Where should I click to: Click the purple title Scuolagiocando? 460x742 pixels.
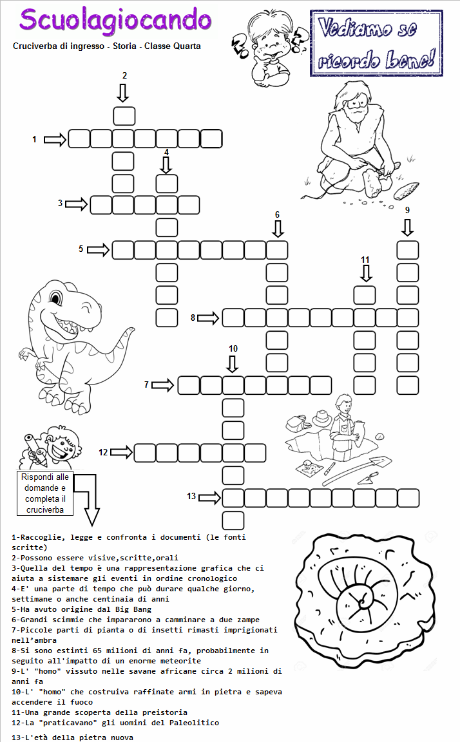coord(115,21)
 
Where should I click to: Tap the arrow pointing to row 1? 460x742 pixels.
coord(55,140)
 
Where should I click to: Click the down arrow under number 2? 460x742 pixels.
coord(123,93)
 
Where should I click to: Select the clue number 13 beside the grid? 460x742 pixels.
coord(191,496)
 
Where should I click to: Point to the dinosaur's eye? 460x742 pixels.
coord(56,299)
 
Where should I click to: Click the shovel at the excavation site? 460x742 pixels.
coord(358,471)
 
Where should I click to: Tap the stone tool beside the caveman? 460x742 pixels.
coord(407,191)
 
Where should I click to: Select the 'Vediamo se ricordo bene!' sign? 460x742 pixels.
coord(377,43)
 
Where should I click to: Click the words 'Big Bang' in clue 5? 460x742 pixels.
coord(133,609)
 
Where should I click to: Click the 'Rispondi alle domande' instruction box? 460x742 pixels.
coord(45,493)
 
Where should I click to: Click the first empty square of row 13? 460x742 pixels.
coord(233,499)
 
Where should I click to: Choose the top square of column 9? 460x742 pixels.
coord(408,250)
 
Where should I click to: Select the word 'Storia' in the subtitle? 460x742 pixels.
coord(124,46)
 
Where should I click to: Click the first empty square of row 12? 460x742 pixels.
coord(145,453)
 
